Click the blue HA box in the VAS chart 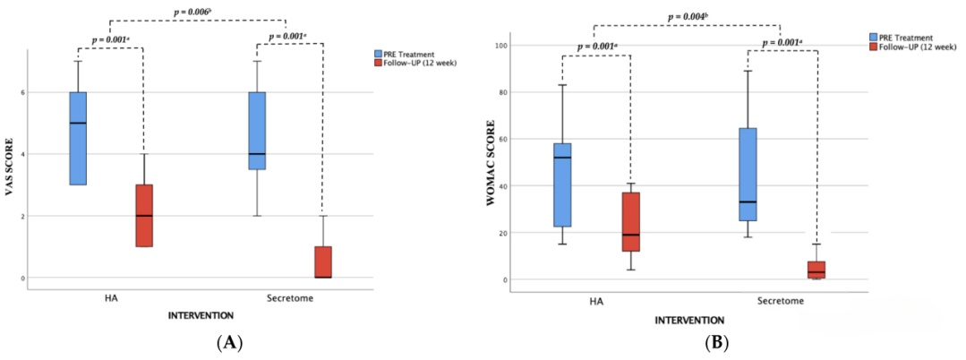click(x=78, y=138)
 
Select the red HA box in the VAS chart click(x=143, y=215)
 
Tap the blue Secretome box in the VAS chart click(x=257, y=131)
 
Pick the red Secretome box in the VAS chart click(x=322, y=261)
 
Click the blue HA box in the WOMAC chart click(x=562, y=184)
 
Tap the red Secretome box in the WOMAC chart click(x=816, y=270)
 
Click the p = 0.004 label click(x=687, y=17)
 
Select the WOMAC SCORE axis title click(x=492, y=169)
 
